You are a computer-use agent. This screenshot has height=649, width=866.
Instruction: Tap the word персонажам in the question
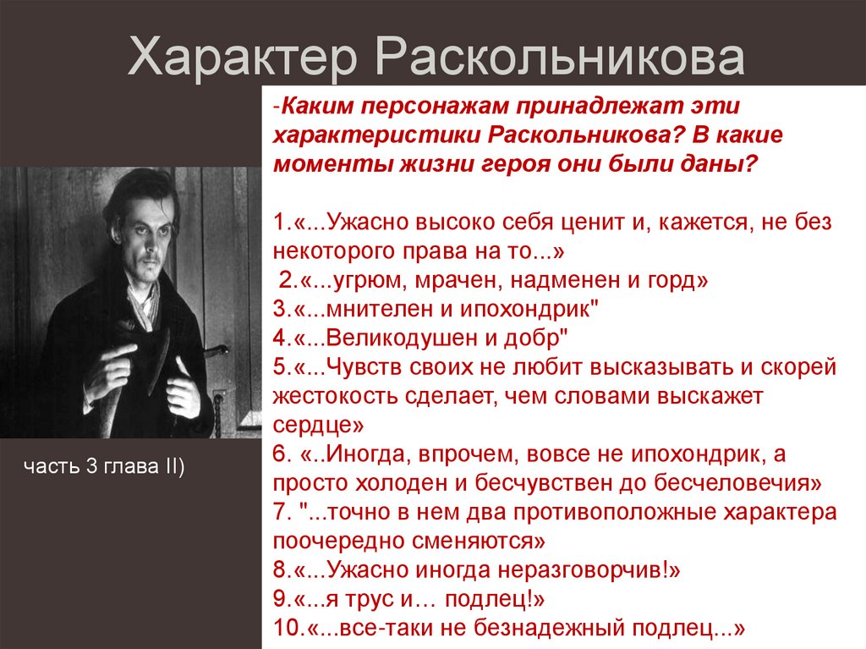pos(410,107)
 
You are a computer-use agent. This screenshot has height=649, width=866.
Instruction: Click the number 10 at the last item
pos(283,630)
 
